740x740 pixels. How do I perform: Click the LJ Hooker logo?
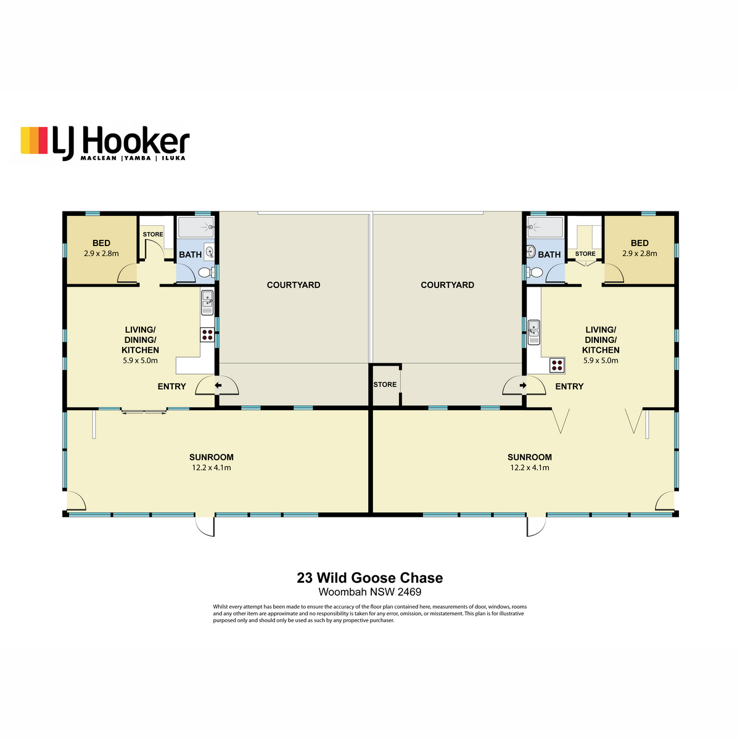(x=105, y=144)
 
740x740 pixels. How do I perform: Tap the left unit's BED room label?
(x=101, y=243)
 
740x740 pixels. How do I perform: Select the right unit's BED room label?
(x=639, y=243)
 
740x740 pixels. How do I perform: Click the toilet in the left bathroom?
(x=206, y=273)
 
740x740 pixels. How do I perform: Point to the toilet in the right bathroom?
(x=535, y=273)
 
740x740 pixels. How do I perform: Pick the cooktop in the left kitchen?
(x=207, y=334)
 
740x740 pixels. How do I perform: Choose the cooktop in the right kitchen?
(x=557, y=365)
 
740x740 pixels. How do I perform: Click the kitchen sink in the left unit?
(x=207, y=303)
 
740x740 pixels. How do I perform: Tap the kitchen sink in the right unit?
(x=534, y=332)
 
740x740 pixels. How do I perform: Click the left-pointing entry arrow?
(x=218, y=385)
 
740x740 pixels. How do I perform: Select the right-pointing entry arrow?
(x=523, y=385)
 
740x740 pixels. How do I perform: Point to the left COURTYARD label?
(x=294, y=285)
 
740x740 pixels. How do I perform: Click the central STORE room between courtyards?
(x=385, y=384)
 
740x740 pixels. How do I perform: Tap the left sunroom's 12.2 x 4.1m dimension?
(x=212, y=467)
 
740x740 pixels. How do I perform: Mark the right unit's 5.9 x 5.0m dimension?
(x=601, y=360)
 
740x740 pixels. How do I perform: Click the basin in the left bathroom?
(x=210, y=252)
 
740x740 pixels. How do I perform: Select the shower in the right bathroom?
(x=545, y=227)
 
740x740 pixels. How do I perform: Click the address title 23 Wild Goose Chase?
(x=370, y=578)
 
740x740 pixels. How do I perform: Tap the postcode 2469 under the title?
(x=409, y=592)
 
